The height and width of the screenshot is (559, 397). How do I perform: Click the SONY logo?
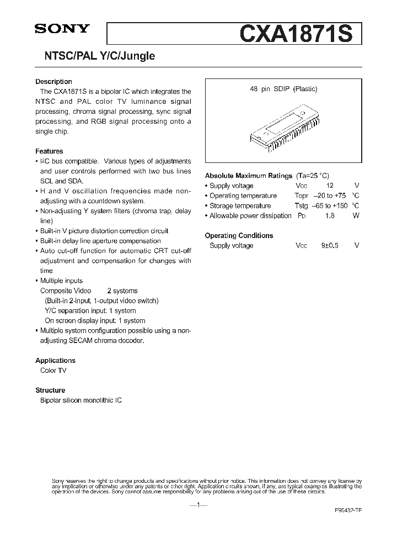pyautogui.click(x=62, y=30)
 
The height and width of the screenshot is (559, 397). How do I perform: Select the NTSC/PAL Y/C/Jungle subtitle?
pyautogui.click(x=95, y=56)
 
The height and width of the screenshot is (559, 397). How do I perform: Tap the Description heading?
pyautogui.click(x=53, y=82)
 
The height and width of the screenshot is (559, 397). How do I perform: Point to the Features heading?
pyautogui.click(x=49, y=151)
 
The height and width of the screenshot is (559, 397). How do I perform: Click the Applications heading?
pyautogui.click(x=55, y=361)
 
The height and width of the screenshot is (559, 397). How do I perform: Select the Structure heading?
pyautogui.click(x=50, y=390)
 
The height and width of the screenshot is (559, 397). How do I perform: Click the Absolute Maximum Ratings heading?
pyautogui.click(x=248, y=176)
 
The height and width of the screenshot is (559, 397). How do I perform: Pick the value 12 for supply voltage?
pyautogui.click(x=329, y=186)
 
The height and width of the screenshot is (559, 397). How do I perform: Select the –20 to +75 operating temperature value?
pyautogui.click(x=329, y=196)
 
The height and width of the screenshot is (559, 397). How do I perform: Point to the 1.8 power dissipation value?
pyautogui.click(x=329, y=215)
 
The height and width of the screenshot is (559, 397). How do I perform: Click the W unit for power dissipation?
pyautogui.click(x=356, y=215)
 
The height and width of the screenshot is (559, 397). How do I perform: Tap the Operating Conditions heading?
pyautogui.click(x=239, y=235)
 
